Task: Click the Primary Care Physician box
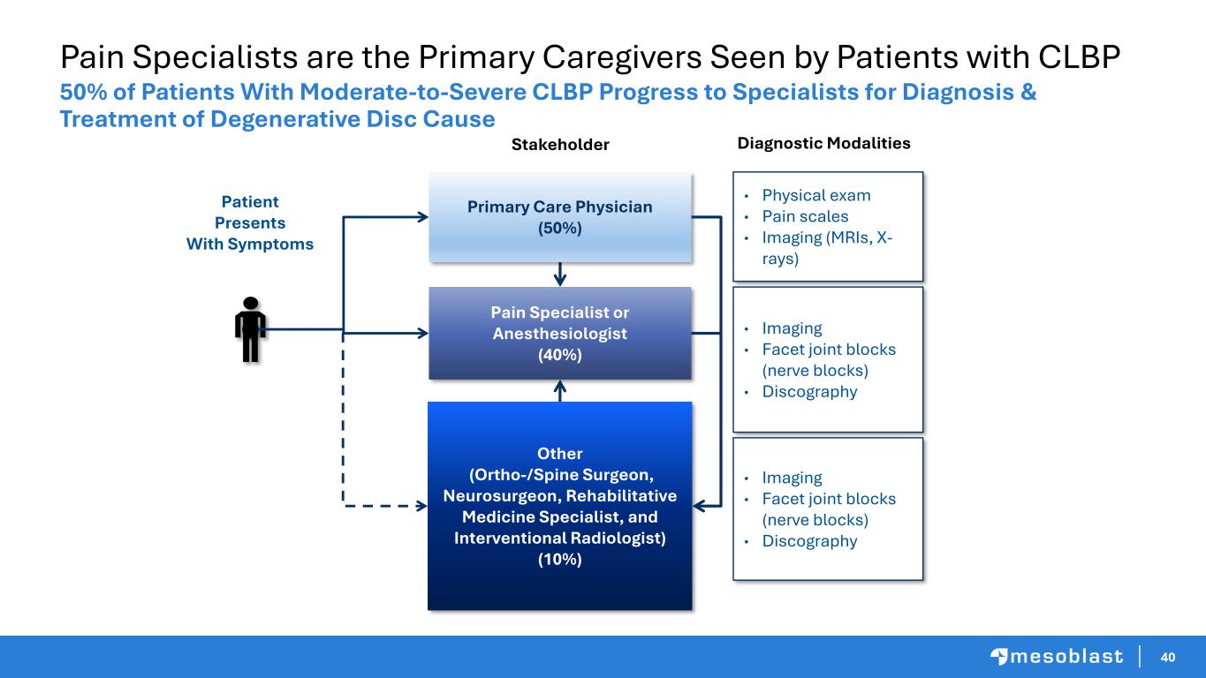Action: tap(559, 217)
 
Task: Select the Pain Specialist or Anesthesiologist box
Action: tap(559, 334)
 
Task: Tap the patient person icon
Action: tap(250, 329)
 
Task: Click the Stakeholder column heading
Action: tap(560, 145)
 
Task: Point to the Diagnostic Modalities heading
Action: tap(823, 142)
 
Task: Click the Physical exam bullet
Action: tap(815, 195)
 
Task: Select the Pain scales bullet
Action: tap(805, 216)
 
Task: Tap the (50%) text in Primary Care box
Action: tap(560, 228)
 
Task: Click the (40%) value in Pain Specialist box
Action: tap(560, 355)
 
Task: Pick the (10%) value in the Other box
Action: tap(560, 560)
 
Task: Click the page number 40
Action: tap(1168, 657)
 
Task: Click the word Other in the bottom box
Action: tap(560, 454)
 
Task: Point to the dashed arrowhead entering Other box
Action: tap(420, 507)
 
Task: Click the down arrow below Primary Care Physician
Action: tap(560, 277)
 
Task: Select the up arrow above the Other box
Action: tap(560, 388)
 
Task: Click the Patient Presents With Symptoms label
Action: tap(250, 223)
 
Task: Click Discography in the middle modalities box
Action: tap(809, 392)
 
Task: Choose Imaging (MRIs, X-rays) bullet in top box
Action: tap(825, 248)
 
